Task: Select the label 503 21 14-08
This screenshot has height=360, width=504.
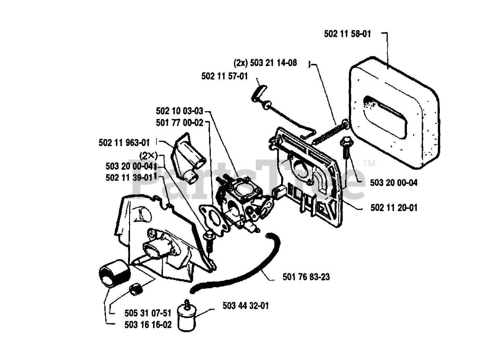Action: coord(265,63)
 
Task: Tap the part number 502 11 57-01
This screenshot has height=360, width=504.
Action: coord(224,76)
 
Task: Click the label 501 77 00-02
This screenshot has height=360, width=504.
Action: coord(180,123)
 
